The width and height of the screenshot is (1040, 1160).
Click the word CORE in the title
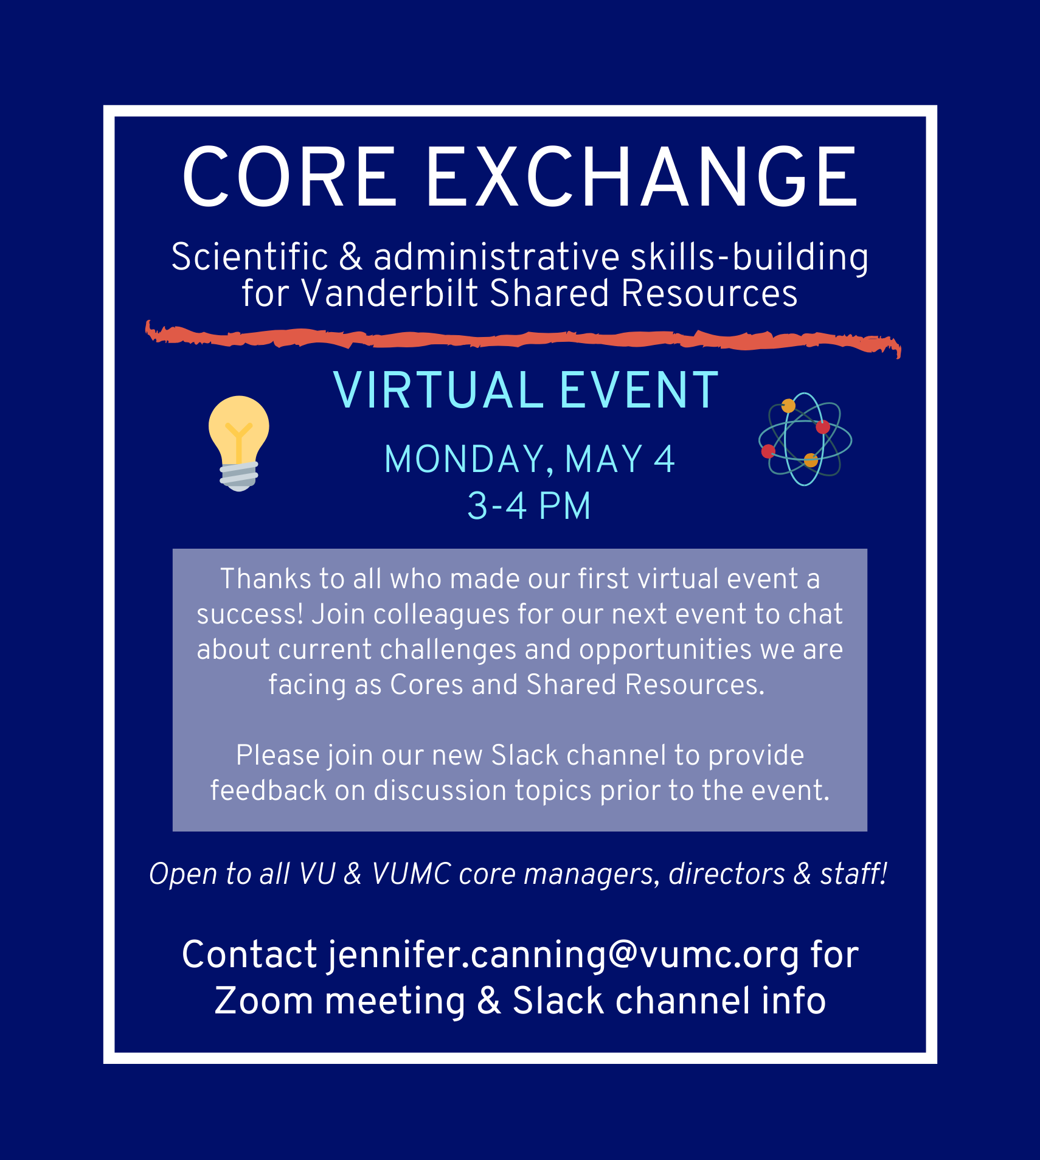pyautogui.click(x=289, y=177)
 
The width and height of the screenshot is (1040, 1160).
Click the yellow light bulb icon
pyautogui.click(x=239, y=443)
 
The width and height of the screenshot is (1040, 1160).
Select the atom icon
pyautogui.click(x=805, y=439)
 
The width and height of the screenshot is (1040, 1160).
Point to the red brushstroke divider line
pyautogui.click(x=523, y=339)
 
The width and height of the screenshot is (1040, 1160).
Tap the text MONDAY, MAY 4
pyautogui.click(x=530, y=459)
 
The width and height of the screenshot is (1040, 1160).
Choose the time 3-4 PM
pyautogui.click(x=529, y=506)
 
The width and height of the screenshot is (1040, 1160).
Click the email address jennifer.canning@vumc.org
pyautogui.click(x=564, y=954)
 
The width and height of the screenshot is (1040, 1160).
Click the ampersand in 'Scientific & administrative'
pyautogui.click(x=351, y=257)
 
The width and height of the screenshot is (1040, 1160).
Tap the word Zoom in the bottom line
pyautogui.click(x=264, y=1001)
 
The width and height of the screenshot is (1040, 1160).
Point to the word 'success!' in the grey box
pyautogui.click(x=250, y=614)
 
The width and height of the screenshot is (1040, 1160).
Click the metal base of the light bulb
pyautogui.click(x=239, y=476)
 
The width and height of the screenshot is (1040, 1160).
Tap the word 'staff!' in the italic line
pyautogui.click(x=854, y=873)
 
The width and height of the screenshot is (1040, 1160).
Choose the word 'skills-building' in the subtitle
pyautogui.click(x=749, y=257)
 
